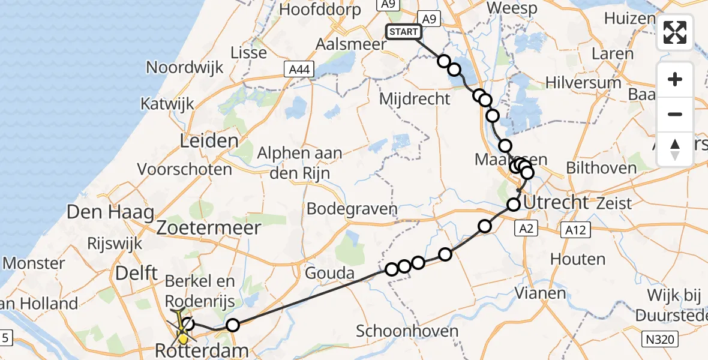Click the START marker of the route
[x=403, y=32]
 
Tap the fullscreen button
[x=675, y=32]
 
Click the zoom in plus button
[x=675, y=79]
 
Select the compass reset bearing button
[x=675, y=149]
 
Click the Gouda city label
[x=329, y=274]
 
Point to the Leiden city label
[x=209, y=141]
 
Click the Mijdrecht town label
[x=415, y=98]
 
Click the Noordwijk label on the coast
[x=185, y=67]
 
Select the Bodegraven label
[x=352, y=209]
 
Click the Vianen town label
[x=541, y=293]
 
